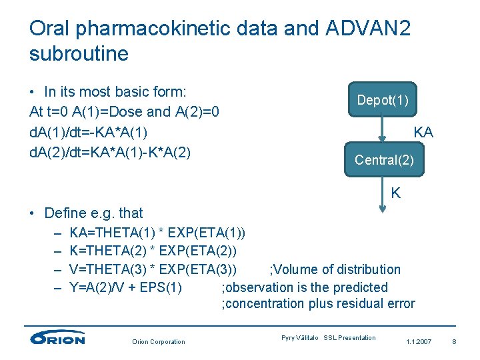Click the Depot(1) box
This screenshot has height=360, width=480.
click(383, 100)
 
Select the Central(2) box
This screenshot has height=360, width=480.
click(384, 160)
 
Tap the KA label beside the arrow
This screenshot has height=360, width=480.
click(423, 132)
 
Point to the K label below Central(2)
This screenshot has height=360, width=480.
click(396, 193)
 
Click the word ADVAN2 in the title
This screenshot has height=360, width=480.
click(369, 28)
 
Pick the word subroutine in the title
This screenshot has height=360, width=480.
click(79, 53)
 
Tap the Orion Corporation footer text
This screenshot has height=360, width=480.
click(158, 342)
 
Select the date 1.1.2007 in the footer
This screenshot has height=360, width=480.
click(418, 342)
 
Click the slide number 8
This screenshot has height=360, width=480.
click(453, 342)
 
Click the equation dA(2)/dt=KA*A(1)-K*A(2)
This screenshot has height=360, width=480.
click(110, 153)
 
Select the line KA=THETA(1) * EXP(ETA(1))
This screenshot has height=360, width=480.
click(157, 233)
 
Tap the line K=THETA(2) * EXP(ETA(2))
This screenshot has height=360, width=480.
click(153, 251)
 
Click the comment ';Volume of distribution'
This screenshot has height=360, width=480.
click(335, 269)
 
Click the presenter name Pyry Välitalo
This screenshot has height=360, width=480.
click(300, 338)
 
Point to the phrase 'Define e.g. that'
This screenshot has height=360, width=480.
click(93, 213)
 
